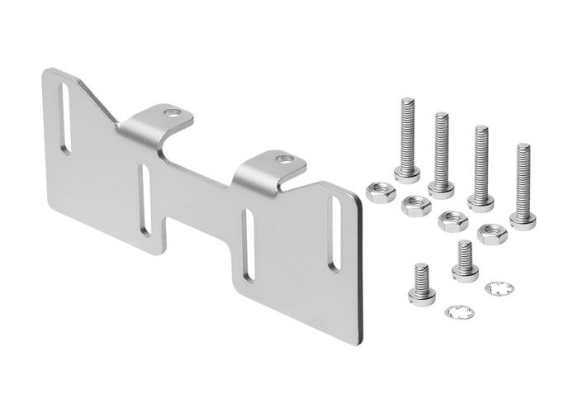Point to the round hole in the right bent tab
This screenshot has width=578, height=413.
[283, 159]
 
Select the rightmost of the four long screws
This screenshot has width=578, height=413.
[523, 185]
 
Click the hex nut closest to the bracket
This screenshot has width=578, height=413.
[380, 192]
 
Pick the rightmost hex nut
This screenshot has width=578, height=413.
[492, 234]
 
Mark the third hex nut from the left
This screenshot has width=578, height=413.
[452, 221]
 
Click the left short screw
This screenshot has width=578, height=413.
[421, 285]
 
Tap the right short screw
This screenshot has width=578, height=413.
[465, 262]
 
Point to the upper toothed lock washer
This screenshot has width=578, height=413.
[499, 287]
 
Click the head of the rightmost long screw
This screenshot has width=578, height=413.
[523, 220]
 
